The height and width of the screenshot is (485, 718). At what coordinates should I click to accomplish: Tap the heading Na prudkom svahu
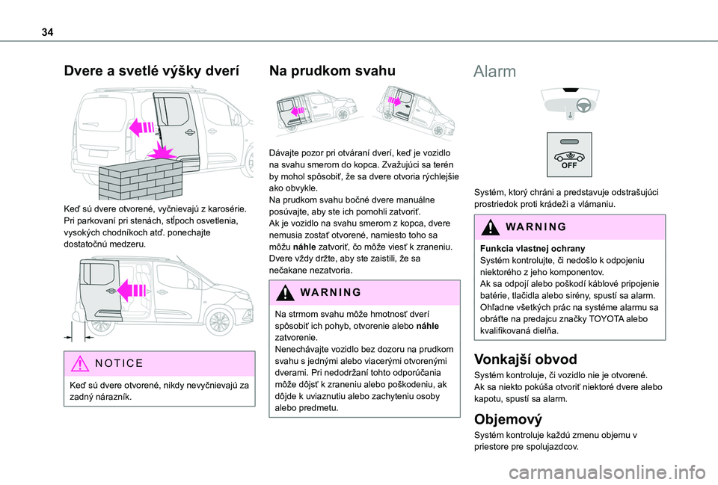(331, 72)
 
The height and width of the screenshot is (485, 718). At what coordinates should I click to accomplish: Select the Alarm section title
(495, 72)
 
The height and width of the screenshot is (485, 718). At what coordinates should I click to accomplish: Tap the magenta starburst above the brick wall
(163, 155)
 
